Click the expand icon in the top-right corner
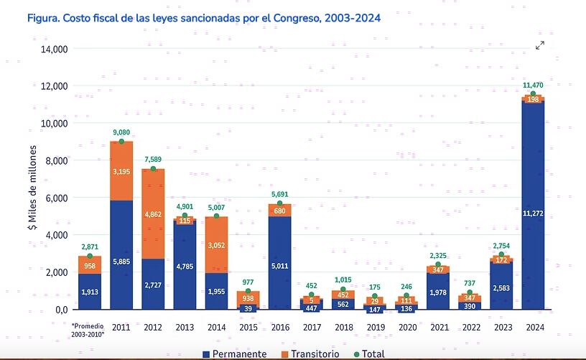pyautogui.click(x=540, y=45)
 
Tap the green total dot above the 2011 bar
pyautogui.click(x=121, y=142)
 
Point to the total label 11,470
pyautogui.click(x=533, y=85)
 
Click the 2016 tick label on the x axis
pyautogui.click(x=279, y=326)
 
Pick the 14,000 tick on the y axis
pyautogui.click(x=53, y=49)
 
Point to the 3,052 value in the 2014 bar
pyautogui.click(x=216, y=245)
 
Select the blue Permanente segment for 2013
pyautogui.click(x=185, y=266)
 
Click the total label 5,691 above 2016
pyautogui.click(x=279, y=193)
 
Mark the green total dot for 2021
pyautogui.click(x=438, y=264)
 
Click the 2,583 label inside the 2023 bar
pyautogui.click(x=501, y=287)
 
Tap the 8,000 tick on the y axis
pyautogui.click(x=53, y=160)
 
